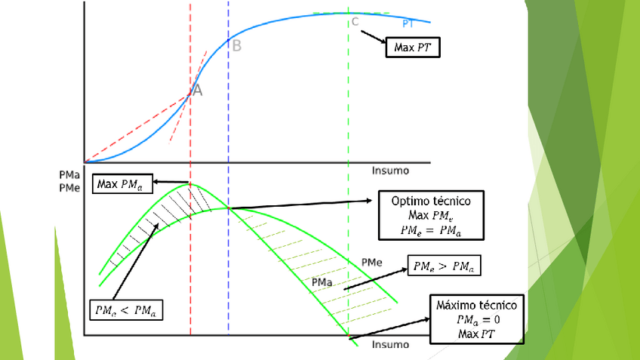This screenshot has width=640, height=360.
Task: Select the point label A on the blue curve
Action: point(197,91)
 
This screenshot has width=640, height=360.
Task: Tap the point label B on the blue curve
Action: point(236,46)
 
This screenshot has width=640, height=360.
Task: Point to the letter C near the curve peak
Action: point(355,21)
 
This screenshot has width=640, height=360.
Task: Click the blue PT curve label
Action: point(408,24)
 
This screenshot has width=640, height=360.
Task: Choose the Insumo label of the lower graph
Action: point(391,344)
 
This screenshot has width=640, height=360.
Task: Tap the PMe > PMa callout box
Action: point(445,265)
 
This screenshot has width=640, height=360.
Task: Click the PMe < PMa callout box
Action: point(129,309)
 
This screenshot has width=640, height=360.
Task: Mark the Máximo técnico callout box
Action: point(476,318)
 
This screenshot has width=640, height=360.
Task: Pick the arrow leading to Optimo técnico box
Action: point(302,205)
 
